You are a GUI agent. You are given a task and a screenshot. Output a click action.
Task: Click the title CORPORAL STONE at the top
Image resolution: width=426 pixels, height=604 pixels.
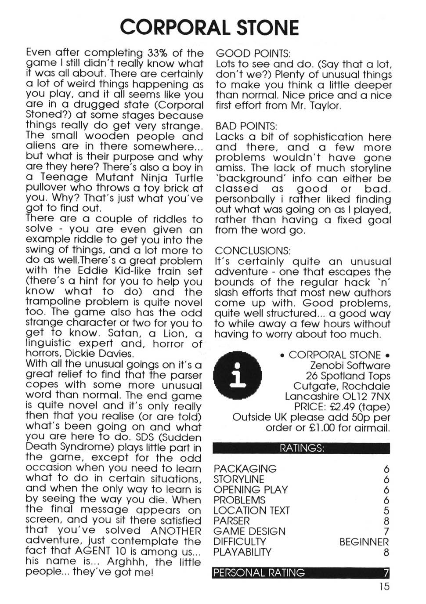point(209,27)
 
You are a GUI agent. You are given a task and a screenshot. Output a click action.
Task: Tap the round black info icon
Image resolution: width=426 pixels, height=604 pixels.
point(237,376)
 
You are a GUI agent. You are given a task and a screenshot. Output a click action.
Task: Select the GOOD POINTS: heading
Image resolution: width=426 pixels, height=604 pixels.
point(253,54)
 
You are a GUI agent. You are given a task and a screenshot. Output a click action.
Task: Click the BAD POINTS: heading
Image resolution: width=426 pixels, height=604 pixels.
point(246,127)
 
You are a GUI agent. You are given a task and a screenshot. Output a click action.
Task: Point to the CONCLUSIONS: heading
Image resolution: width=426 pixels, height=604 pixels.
point(253,251)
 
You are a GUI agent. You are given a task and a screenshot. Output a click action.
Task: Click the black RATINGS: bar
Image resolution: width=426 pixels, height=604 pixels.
point(301,448)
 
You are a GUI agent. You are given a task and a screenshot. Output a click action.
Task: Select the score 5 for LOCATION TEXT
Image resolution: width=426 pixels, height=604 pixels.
point(386,510)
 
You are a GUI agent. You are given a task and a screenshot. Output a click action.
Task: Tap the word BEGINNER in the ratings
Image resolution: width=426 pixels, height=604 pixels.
point(364,542)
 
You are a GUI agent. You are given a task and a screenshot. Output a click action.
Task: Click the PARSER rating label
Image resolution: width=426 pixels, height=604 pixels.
point(231,521)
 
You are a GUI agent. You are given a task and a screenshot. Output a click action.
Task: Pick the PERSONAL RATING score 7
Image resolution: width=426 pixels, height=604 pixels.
point(386,573)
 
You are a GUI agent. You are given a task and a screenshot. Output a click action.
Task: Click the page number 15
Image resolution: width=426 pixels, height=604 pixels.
point(384,586)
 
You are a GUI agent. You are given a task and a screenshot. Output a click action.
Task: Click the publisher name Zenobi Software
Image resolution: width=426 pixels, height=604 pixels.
point(350,365)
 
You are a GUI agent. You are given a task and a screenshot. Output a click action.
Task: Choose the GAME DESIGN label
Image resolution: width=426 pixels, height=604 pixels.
point(249,532)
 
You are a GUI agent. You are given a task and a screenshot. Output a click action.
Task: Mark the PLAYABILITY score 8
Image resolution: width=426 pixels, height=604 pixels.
point(386,552)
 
